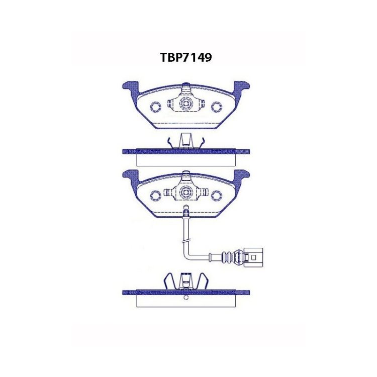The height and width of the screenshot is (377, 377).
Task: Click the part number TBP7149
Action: [x=185, y=57]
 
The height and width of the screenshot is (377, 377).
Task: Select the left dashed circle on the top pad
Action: [x=155, y=106]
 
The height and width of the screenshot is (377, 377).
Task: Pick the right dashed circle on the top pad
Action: [x=217, y=106]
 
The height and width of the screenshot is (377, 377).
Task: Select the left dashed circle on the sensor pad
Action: [x=155, y=194]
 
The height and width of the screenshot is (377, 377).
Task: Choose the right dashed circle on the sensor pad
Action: [x=217, y=194]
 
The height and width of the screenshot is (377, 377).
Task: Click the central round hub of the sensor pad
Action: [x=186, y=192]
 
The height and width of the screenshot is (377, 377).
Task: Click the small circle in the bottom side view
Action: [x=186, y=297]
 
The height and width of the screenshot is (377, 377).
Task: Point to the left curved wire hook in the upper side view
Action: [x=171, y=142]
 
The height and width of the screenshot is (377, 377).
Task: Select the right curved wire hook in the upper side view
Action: [x=201, y=142]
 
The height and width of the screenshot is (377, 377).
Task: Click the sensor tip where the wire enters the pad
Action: [x=185, y=213]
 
